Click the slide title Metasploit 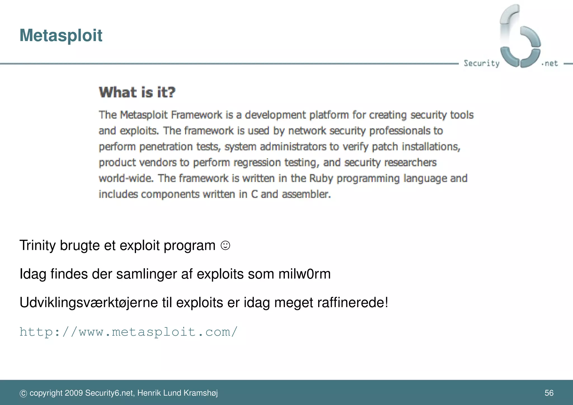pos(61,36)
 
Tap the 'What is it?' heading pos(137,92)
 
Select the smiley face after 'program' pos(225,246)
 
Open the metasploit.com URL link pos(128,332)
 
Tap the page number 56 pos(549,393)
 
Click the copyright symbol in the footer pos(23,394)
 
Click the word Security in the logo pos(482,63)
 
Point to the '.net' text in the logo pos(550,63)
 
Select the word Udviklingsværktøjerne pos(89,303)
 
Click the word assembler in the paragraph pos(306,194)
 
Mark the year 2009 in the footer pos(74,393)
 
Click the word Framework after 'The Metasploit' pos(196,115)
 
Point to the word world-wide pos(126,178)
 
